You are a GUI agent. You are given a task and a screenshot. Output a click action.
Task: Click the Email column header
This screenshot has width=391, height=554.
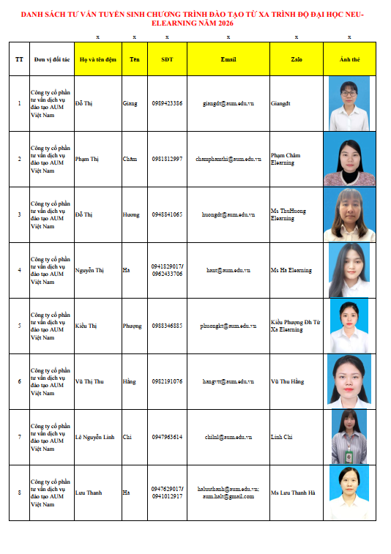(x=228, y=59)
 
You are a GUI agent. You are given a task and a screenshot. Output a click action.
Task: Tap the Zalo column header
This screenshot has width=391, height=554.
(x=296, y=59)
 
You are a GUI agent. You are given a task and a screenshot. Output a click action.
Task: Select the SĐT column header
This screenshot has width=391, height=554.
(x=167, y=59)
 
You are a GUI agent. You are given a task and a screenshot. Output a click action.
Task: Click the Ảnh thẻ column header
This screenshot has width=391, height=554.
(x=349, y=59)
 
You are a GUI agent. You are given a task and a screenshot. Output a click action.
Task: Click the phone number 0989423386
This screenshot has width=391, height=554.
(x=167, y=103)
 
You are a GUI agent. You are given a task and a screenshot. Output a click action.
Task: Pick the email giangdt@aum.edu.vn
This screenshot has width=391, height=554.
(x=228, y=103)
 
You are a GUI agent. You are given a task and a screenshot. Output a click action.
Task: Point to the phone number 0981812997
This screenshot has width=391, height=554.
(x=167, y=159)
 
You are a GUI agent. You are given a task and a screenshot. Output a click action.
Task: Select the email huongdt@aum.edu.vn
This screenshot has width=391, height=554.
(x=228, y=214)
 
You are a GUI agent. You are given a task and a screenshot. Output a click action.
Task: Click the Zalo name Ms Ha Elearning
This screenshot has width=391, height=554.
(x=291, y=270)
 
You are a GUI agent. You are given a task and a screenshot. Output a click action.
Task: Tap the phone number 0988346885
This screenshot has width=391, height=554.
(x=167, y=326)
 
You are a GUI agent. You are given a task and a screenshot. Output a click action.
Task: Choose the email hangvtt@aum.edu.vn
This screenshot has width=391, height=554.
(x=228, y=381)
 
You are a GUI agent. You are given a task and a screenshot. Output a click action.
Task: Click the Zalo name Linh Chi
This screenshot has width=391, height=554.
(x=282, y=437)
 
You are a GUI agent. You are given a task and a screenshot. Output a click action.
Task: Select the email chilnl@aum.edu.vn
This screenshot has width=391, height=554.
(x=228, y=437)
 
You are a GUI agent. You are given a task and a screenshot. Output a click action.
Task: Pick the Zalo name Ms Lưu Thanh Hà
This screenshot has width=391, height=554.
(x=294, y=493)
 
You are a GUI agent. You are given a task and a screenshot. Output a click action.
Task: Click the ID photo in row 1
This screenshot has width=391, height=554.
(x=349, y=103)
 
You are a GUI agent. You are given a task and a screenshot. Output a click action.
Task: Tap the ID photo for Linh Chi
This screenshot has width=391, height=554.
(x=349, y=437)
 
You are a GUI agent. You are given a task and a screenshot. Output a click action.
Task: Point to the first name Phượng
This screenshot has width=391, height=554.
(x=133, y=326)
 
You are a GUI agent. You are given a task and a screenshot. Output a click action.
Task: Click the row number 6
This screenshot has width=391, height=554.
(x=19, y=381)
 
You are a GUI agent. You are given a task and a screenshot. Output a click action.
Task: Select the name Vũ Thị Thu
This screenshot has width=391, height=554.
(x=89, y=381)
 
